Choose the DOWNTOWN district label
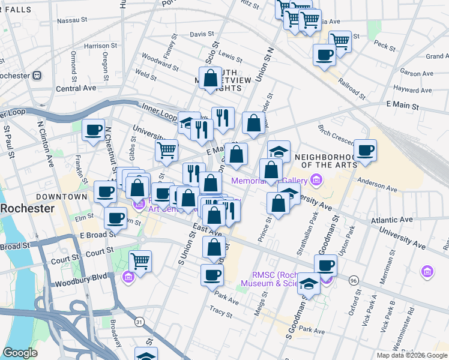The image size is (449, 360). click(x=61, y=197)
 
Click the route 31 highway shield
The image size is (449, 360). click(x=139, y=322)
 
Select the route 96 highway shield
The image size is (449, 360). click(x=354, y=280)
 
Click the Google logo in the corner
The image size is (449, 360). click(x=20, y=353)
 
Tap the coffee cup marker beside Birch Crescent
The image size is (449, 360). click(x=365, y=150)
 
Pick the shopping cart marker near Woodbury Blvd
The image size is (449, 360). click(x=140, y=261)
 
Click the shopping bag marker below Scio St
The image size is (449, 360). click(x=211, y=78)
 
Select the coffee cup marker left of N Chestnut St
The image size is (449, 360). click(x=94, y=130)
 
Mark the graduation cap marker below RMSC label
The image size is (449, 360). click(x=309, y=284)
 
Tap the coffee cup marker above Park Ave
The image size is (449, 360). click(x=212, y=275)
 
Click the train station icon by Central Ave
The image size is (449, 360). click(x=37, y=76)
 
